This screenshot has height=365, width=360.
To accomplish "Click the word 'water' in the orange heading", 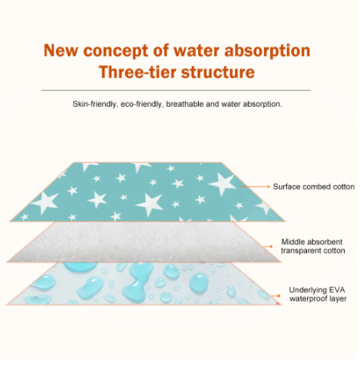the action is click(x=197, y=51).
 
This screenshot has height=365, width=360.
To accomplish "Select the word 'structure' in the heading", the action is click(x=218, y=72).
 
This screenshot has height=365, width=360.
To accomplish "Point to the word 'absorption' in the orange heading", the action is click(x=267, y=51).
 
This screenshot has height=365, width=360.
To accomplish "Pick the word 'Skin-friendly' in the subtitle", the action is click(x=95, y=104).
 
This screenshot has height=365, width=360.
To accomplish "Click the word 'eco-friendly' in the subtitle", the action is click(x=141, y=104).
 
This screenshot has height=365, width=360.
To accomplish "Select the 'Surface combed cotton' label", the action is click(x=313, y=187).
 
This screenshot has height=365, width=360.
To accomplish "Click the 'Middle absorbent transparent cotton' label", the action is click(x=313, y=246).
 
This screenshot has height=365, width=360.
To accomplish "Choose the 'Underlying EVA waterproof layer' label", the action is click(x=318, y=294).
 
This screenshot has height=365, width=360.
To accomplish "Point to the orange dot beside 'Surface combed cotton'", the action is click(x=269, y=187).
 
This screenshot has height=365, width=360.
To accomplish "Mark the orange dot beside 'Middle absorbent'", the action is click(x=272, y=246).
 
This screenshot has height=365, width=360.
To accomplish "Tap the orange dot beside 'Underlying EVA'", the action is click(x=279, y=296).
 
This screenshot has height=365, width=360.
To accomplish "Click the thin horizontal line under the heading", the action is click(x=176, y=91).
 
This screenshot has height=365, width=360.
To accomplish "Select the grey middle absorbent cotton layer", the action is click(x=144, y=242).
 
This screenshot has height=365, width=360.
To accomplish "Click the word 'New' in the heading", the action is click(x=60, y=51).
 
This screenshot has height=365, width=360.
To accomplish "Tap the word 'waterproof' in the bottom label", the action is click(x=308, y=298).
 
